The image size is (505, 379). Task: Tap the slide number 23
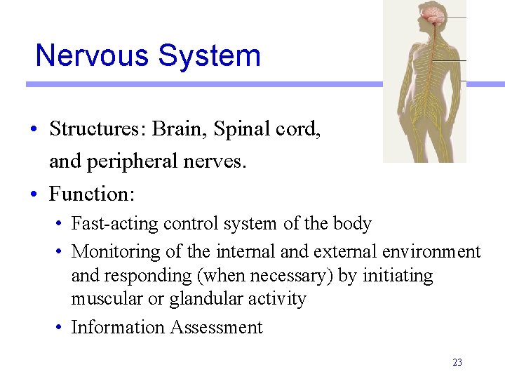tap(457, 363)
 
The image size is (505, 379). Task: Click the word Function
tap(92, 194)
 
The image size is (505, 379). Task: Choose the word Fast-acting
tap(115, 224)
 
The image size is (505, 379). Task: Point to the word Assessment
tap(217, 327)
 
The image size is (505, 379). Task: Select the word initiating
tap(398, 275)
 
